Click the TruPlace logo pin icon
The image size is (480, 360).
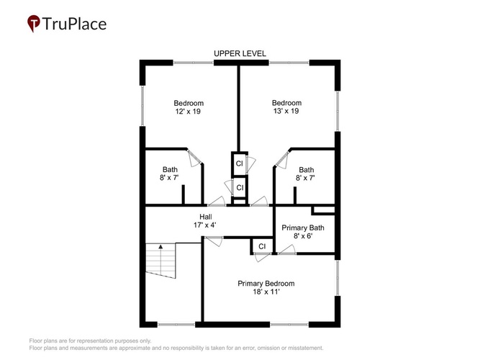tap(34, 23)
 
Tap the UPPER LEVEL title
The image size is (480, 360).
tap(240, 53)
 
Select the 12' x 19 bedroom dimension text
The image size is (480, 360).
tap(188, 112)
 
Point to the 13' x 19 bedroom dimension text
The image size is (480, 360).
tap(286, 111)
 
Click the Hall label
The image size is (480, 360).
tap(206, 217)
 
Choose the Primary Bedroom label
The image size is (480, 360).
tap(266, 284)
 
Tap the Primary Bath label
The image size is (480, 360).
tap(303, 228)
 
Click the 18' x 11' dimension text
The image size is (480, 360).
tap(266, 292)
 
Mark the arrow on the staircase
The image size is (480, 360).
tap(160, 246)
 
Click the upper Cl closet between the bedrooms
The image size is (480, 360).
tap(240, 163)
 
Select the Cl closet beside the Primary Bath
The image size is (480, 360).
tap(262, 246)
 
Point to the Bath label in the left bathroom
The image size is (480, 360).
tap(170, 169)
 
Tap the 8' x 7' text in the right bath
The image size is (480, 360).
tap(306, 178)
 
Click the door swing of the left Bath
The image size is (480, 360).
tap(194, 158)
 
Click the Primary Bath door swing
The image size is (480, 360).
tap(288, 249)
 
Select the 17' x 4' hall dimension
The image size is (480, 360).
tap(205, 225)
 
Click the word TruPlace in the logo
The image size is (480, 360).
tap(74, 24)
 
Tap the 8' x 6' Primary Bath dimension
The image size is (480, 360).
tap(303, 236)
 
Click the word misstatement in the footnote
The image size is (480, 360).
tap(305, 348)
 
